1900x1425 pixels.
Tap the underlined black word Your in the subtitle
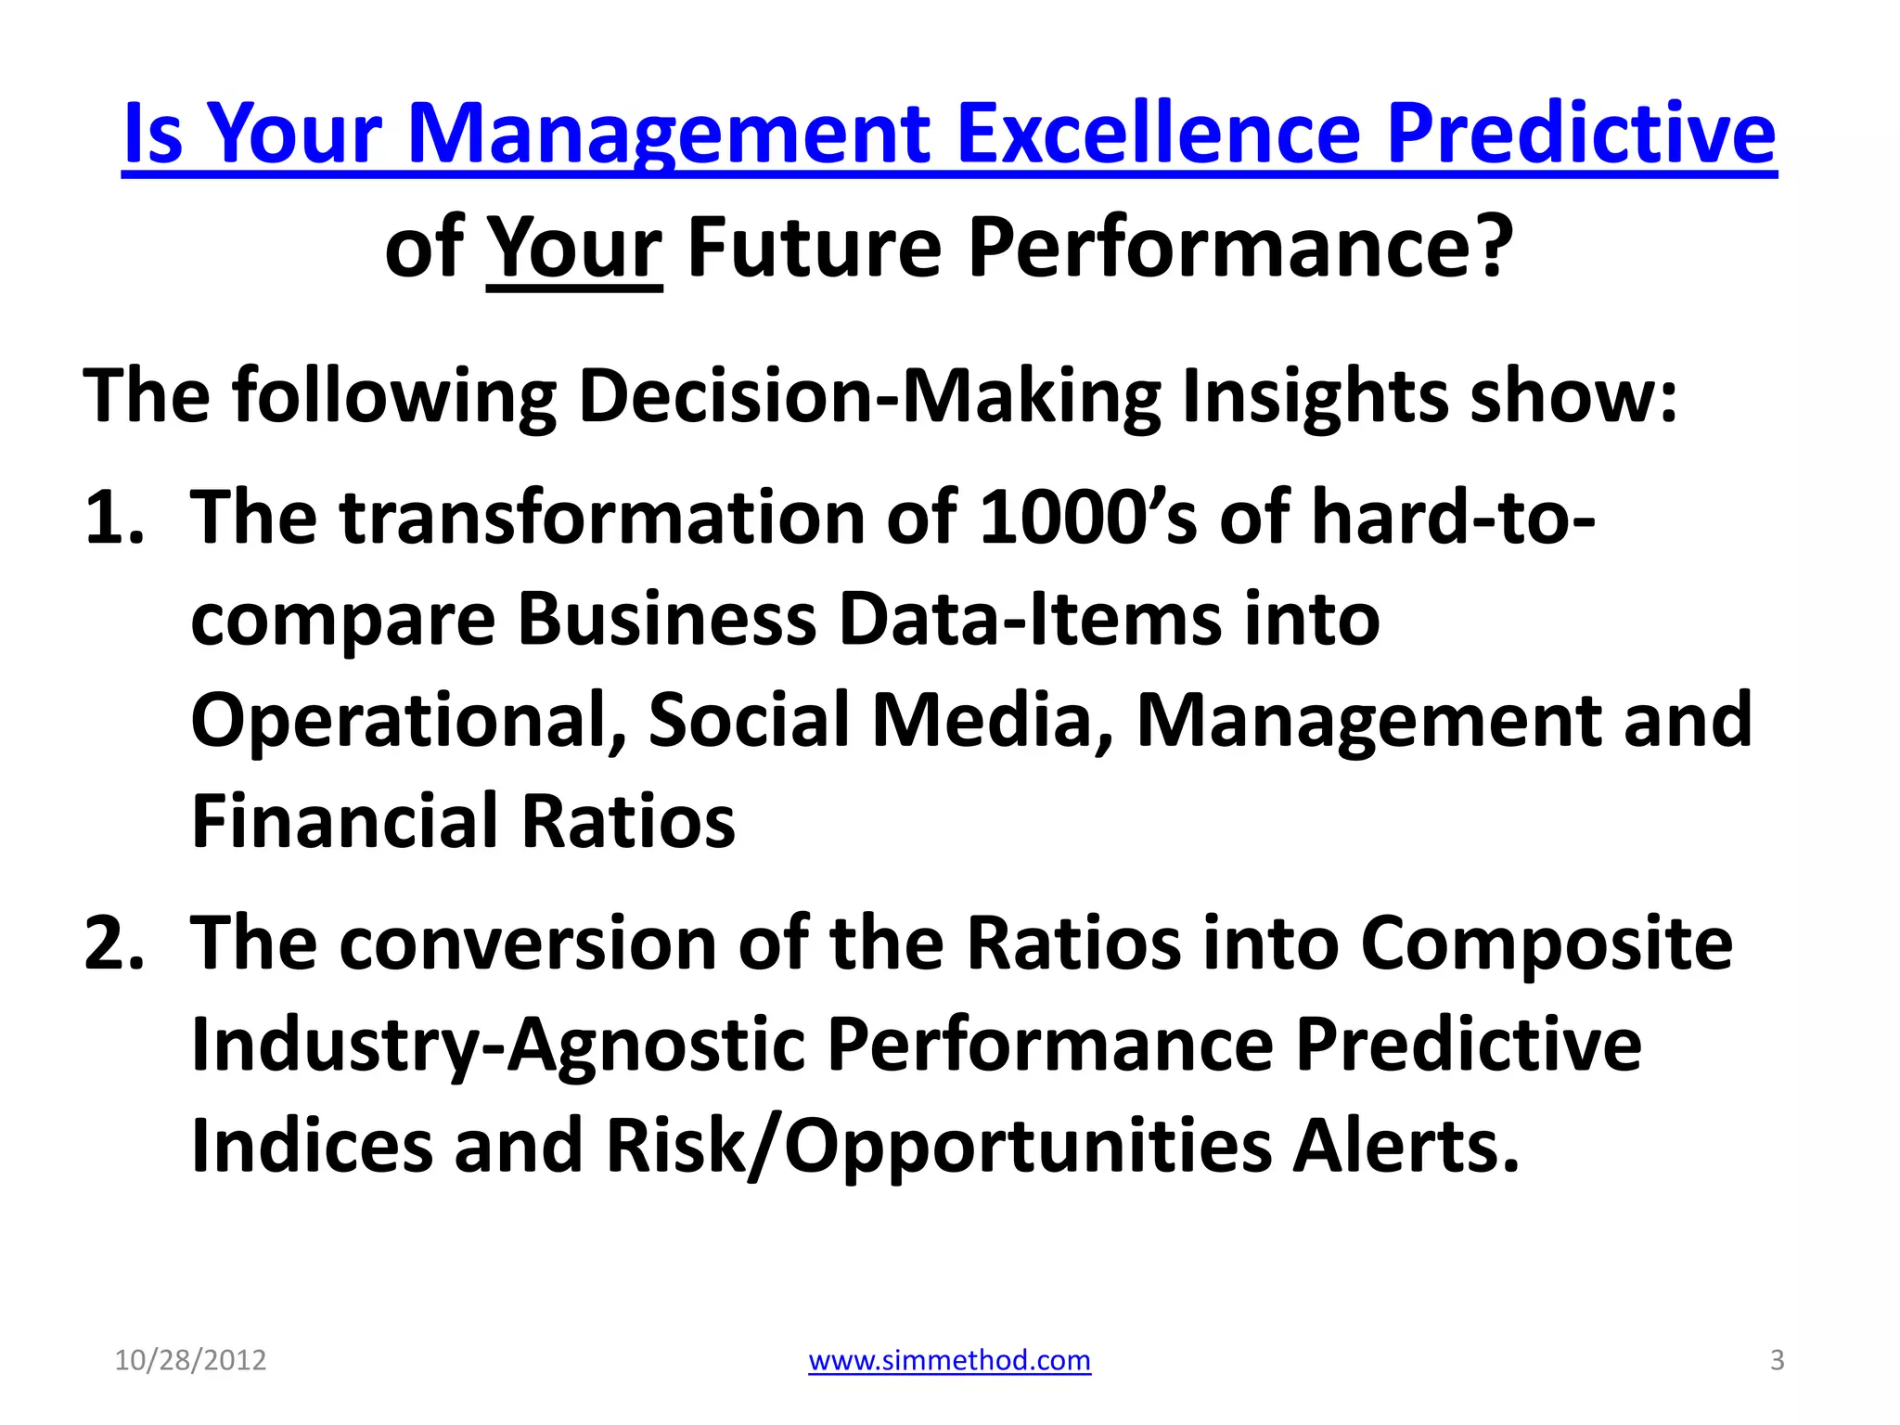pos(574,248)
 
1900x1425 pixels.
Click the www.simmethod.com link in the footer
pos(949,1360)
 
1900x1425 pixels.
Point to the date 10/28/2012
pos(190,1360)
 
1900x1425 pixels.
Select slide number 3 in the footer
pos(1777,1360)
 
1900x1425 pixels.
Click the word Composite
pos(1546,944)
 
